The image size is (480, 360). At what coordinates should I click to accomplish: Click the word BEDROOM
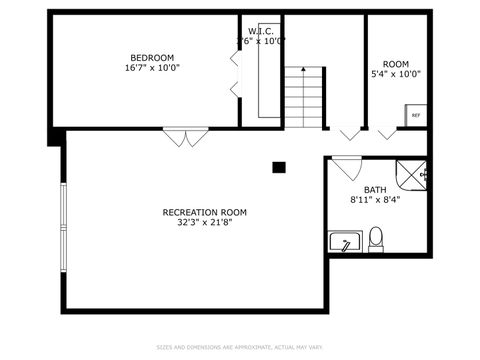[152, 57]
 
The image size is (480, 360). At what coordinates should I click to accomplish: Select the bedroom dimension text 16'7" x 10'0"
[152, 68]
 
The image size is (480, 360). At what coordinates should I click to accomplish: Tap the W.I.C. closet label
[260, 30]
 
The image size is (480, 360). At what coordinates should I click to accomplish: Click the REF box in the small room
[416, 116]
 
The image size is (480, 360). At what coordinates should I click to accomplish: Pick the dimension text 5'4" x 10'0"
[396, 73]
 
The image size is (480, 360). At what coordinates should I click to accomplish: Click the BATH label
[375, 190]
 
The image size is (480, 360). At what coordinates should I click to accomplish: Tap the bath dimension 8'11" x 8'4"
[375, 200]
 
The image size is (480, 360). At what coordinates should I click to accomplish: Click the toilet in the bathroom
[376, 239]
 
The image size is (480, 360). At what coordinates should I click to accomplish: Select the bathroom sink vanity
[345, 242]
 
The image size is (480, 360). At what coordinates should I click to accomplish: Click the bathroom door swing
[346, 168]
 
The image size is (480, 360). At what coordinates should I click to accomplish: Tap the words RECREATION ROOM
[204, 212]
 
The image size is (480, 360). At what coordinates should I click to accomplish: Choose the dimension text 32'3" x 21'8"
[204, 223]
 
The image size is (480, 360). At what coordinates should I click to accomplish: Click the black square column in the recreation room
[280, 167]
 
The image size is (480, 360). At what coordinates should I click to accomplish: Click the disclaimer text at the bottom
[240, 348]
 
